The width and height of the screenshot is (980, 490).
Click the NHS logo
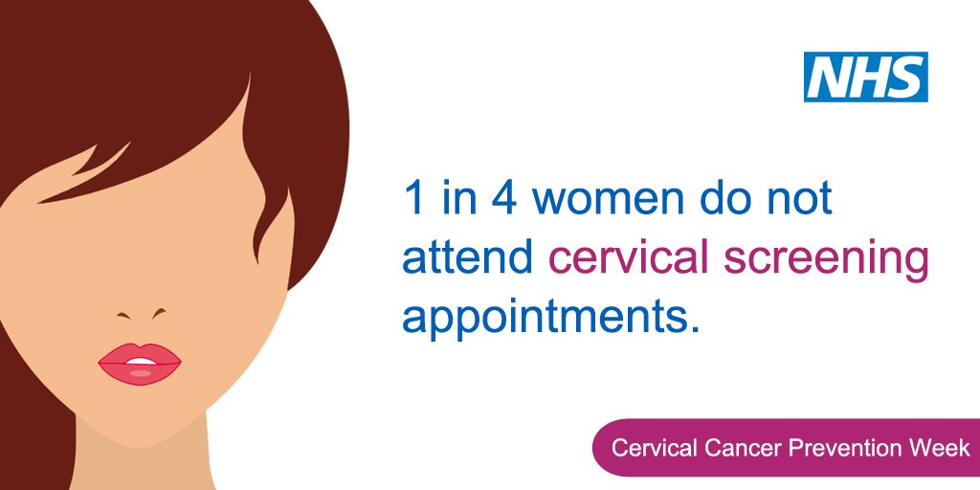pos(866,78)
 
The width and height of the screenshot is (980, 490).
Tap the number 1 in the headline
pos(412,199)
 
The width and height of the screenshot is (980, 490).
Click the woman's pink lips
pos(140,365)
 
